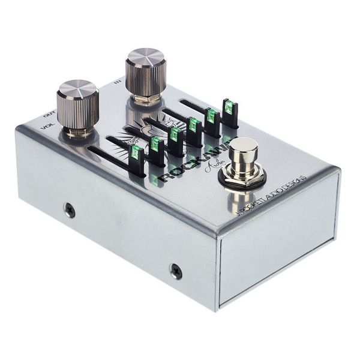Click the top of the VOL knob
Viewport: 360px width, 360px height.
(77, 89)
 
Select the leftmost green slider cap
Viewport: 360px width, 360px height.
(136, 152)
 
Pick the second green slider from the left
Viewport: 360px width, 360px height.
(155, 143)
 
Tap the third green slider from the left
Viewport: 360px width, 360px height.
(175, 133)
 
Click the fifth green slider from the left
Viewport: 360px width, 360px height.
(211, 115)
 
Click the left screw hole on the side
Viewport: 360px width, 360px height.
(70, 210)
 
